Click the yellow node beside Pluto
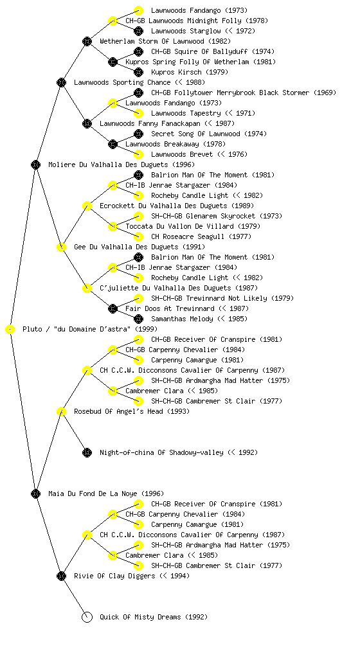[10, 330]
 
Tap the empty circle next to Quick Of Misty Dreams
[87, 618]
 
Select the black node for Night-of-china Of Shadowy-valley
[87, 453]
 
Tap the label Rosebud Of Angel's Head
[118, 412]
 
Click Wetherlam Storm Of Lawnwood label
[152, 42]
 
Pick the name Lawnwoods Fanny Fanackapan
[150, 124]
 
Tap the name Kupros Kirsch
[176, 72]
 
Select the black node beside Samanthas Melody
[138, 319]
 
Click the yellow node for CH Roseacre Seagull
[138, 236]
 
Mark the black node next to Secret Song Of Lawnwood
[138, 134]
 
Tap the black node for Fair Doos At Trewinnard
[113, 309]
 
